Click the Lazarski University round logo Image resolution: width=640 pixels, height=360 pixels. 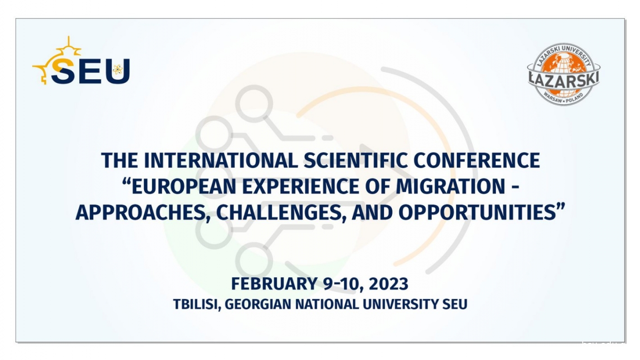[x=563, y=74]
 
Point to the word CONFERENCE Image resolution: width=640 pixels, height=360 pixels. [x=477, y=161]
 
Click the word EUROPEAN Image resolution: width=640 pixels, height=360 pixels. [x=184, y=187]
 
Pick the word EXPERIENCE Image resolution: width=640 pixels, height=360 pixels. [x=301, y=187]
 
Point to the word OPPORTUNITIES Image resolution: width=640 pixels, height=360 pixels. [x=478, y=213]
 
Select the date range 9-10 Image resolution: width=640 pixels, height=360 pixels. [x=343, y=284]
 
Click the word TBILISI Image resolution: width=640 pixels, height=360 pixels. [x=197, y=305]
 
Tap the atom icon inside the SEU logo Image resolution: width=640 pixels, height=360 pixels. [x=118, y=69]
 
